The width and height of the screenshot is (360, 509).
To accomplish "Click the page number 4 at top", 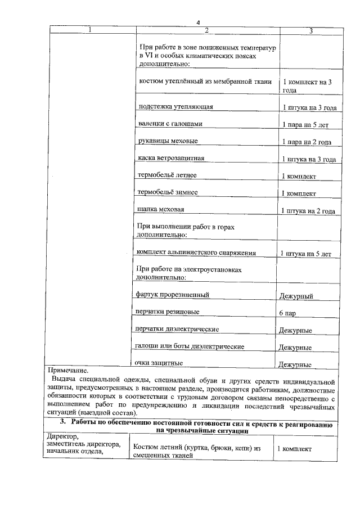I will (x=198, y=22).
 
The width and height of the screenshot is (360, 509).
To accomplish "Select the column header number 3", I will (x=310, y=30).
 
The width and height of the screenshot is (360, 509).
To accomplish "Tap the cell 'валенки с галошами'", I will (x=170, y=123).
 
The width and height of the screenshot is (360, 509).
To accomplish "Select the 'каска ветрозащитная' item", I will (x=171, y=158).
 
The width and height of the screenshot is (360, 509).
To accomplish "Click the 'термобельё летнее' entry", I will (x=167, y=175).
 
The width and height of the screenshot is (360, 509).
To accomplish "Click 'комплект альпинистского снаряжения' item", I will (x=196, y=253).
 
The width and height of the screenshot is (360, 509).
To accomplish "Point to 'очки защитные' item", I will (x=159, y=362).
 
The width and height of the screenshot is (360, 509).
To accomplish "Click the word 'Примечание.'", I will (x=69, y=371).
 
